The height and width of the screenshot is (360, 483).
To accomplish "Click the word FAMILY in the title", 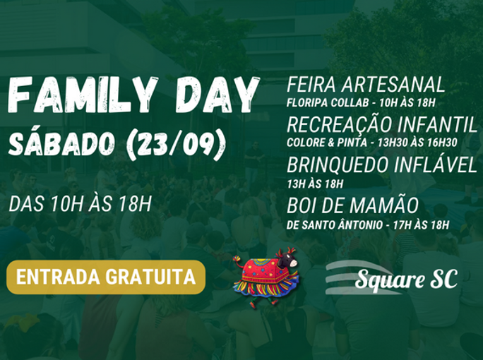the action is click(x=83, y=95).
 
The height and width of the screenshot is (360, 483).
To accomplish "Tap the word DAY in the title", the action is click(x=217, y=95).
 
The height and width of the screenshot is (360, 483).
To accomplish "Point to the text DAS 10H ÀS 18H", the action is click(x=80, y=204).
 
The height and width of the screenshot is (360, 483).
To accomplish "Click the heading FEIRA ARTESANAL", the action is click(x=366, y=84).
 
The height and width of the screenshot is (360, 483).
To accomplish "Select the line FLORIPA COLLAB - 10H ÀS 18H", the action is click(x=361, y=103).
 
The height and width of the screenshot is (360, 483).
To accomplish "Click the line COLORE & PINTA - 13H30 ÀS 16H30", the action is click(x=372, y=143).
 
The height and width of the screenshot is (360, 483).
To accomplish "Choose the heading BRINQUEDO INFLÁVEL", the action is click(x=382, y=164).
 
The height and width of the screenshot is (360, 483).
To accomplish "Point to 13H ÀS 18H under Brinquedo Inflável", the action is click(x=315, y=184).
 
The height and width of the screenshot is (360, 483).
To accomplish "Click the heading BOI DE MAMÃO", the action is click(x=352, y=205).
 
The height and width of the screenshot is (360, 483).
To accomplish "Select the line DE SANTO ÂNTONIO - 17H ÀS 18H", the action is click(x=368, y=224).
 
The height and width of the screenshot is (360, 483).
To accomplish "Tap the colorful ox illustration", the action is click(x=266, y=277).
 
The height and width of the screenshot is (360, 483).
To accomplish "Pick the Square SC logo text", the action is click(x=406, y=280).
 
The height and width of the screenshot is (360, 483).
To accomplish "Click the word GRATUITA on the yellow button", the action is click(x=151, y=277).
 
